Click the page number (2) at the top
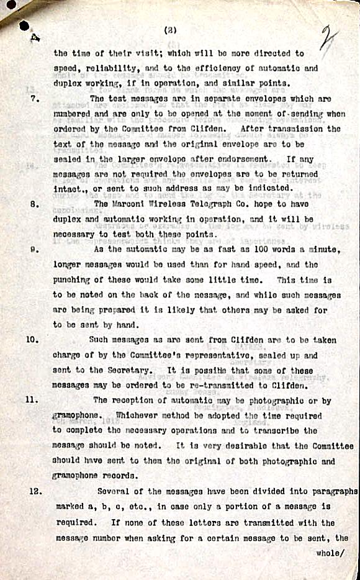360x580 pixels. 169,29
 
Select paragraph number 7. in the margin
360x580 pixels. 35,99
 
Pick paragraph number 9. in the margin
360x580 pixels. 35,249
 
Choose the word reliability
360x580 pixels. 108,68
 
